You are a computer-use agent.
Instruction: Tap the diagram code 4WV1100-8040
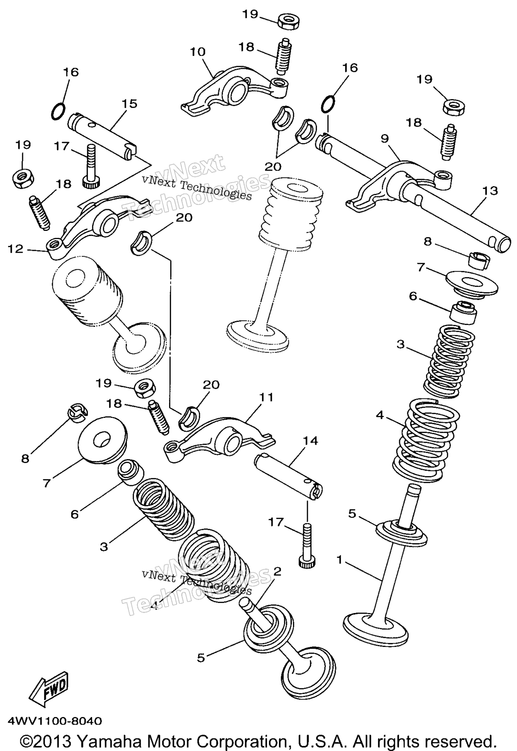click(x=55, y=721)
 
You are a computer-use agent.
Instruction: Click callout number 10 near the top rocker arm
click(x=198, y=52)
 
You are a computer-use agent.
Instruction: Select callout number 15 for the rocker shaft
click(x=129, y=104)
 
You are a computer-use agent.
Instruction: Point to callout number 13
click(x=490, y=190)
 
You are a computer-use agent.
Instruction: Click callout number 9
click(x=385, y=138)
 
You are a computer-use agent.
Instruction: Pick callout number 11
click(x=267, y=397)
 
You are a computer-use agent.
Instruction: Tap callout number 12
click(x=16, y=249)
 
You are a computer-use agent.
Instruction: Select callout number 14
click(x=310, y=441)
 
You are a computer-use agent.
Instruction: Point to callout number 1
click(x=339, y=559)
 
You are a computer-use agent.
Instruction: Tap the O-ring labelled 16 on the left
click(x=58, y=111)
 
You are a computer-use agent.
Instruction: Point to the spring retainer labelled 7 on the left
click(x=102, y=440)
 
